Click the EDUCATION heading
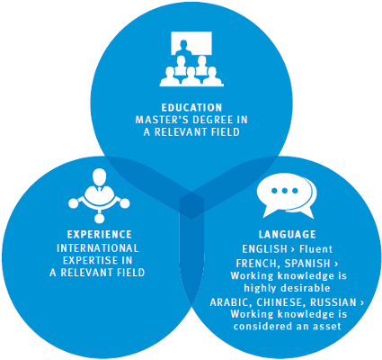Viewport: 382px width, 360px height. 191,107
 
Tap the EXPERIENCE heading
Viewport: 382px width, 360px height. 100,234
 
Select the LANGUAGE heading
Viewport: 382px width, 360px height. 288,234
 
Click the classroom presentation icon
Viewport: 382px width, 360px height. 191,59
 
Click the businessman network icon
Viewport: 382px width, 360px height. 99,195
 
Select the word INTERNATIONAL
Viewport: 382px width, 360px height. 98,248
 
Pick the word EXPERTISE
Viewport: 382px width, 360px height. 90,260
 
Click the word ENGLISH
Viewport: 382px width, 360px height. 264,249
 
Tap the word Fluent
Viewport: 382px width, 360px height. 315,249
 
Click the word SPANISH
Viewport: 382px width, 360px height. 307,264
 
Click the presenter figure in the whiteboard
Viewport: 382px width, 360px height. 183,49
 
